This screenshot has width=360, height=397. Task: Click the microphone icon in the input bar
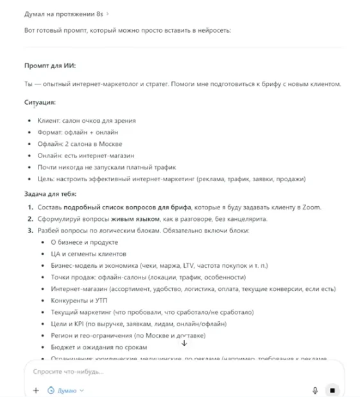[x=315, y=390]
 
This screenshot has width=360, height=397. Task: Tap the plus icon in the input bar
[x=36, y=390]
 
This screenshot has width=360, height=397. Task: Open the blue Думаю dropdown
[x=67, y=390]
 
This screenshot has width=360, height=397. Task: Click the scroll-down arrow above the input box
[x=184, y=343]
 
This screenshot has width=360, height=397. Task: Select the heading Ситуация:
[x=40, y=102]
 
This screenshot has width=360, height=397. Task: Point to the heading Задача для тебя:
[x=51, y=193]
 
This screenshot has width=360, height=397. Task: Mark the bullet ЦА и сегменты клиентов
[x=86, y=254]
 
